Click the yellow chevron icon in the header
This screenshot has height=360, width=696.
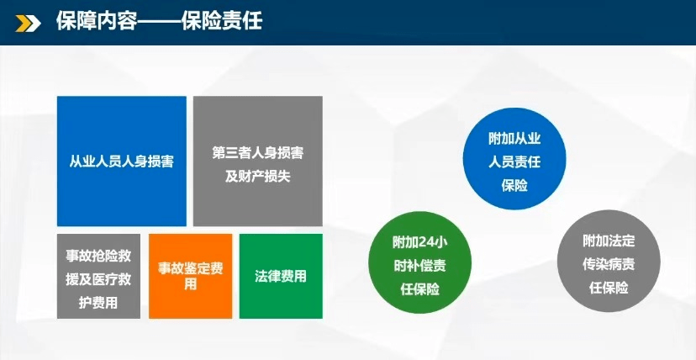[30, 22]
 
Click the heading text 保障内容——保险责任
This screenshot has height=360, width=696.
[159, 21]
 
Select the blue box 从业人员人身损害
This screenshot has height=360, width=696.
[122, 161]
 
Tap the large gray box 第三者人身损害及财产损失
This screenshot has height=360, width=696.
[258, 161]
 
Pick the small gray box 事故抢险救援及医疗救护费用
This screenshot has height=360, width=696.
[98, 276]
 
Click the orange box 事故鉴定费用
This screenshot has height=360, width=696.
[190, 276]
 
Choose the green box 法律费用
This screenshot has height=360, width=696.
[281, 276]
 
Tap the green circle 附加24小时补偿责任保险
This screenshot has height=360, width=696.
[419, 264]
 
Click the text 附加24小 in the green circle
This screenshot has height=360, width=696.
[419, 242]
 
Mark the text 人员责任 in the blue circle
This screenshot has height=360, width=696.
[514, 161]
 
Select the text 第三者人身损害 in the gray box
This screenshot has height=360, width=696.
[258, 153]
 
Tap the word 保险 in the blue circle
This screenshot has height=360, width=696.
[514, 185]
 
